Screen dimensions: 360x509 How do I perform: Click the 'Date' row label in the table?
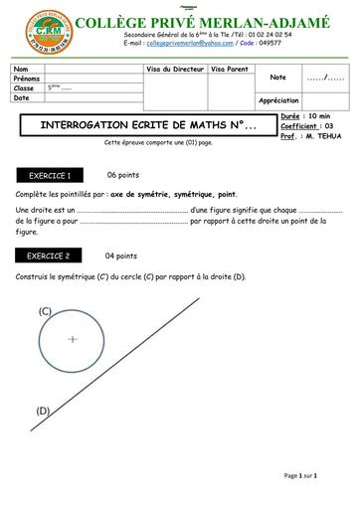click(x=22, y=97)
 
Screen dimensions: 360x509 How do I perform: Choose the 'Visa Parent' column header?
click(x=230, y=69)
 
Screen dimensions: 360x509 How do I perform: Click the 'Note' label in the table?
click(x=277, y=77)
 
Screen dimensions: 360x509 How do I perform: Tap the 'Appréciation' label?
click(x=278, y=100)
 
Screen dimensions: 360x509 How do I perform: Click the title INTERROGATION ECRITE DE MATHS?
click(x=140, y=127)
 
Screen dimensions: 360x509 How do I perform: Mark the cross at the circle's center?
click(x=73, y=339)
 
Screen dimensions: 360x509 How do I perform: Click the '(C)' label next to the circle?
click(x=45, y=311)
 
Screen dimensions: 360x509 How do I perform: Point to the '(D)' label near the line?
click(x=43, y=410)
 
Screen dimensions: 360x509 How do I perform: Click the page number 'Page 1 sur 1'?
click(x=300, y=476)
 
